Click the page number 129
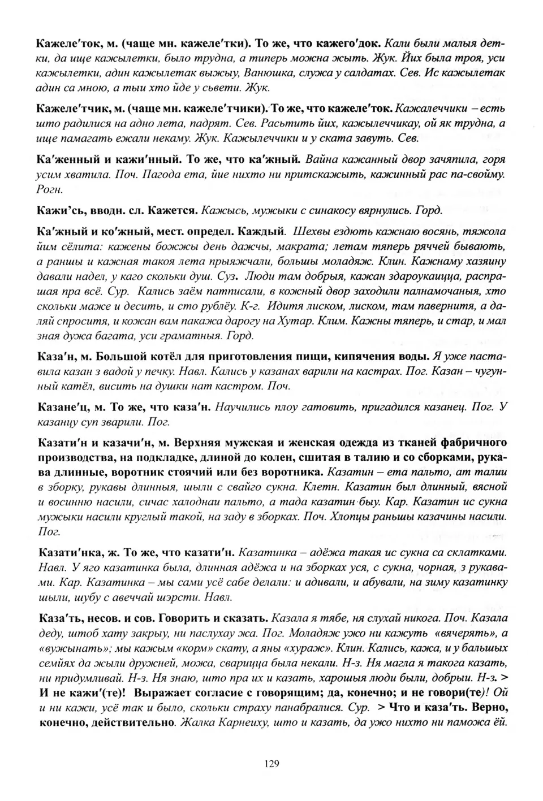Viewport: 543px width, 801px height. [x=271, y=764]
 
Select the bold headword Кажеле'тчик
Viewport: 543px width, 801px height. [x=68, y=109]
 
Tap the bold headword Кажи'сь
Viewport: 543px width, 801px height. [x=57, y=210]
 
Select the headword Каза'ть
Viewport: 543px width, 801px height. [x=57, y=617]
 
